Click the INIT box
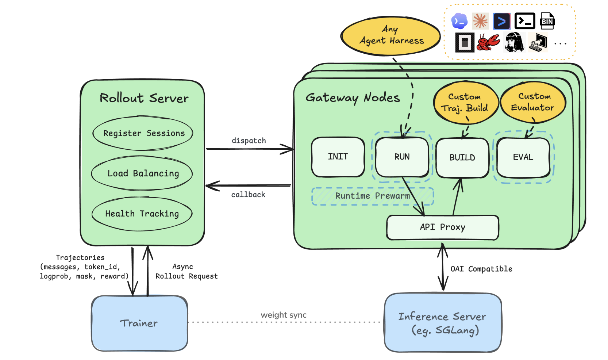pos(338,157)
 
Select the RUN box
pos(402,157)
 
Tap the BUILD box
pos(462,158)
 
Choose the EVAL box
pos(523,158)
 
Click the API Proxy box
pos(443,227)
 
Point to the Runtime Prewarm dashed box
pos(372,196)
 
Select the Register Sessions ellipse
pos(143,133)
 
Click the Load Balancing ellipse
pos(142,173)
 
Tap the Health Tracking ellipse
pos(142,214)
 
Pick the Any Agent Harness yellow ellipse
pos(390,36)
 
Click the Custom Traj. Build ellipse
pos(466,103)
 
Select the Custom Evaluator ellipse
pos(533,102)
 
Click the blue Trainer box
pos(139,323)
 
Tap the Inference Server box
pos(443,322)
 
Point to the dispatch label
pos(249,141)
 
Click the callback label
pos(248,195)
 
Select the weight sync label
pos(284,315)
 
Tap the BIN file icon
pos(547,21)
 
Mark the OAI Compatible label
pos(481,269)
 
